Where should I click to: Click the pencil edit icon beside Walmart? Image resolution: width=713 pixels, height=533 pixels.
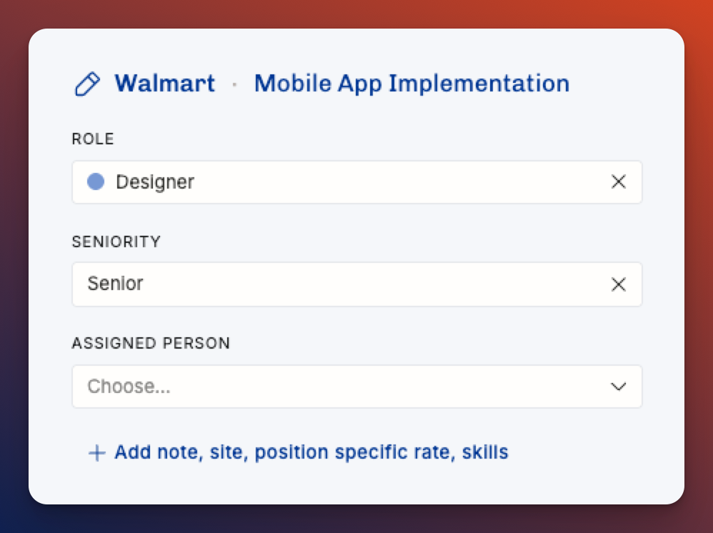87,84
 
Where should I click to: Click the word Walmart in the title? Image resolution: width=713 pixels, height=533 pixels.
164,84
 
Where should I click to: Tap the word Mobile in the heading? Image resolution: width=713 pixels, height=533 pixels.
293,84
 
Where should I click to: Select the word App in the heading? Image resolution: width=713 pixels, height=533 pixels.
359,85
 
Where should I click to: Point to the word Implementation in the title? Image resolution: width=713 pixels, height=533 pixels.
479,84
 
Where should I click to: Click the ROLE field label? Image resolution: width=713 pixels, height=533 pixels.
93,139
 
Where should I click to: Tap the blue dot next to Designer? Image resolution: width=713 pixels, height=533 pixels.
96,181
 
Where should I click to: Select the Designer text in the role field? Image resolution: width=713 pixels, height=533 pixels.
155,182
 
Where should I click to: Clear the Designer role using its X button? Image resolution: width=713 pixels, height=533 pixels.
619,181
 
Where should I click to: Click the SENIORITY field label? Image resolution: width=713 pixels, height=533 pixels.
116,241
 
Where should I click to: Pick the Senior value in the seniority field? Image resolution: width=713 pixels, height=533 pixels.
116,284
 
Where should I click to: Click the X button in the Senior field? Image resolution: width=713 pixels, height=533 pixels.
619,284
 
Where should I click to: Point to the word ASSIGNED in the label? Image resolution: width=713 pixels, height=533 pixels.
114,344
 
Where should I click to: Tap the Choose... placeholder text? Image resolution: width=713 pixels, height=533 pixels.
129,386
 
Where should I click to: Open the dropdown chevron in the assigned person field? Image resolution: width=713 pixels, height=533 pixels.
619,387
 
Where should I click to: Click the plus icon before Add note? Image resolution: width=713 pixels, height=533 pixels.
97,453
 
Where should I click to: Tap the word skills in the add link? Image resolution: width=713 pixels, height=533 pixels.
484,452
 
